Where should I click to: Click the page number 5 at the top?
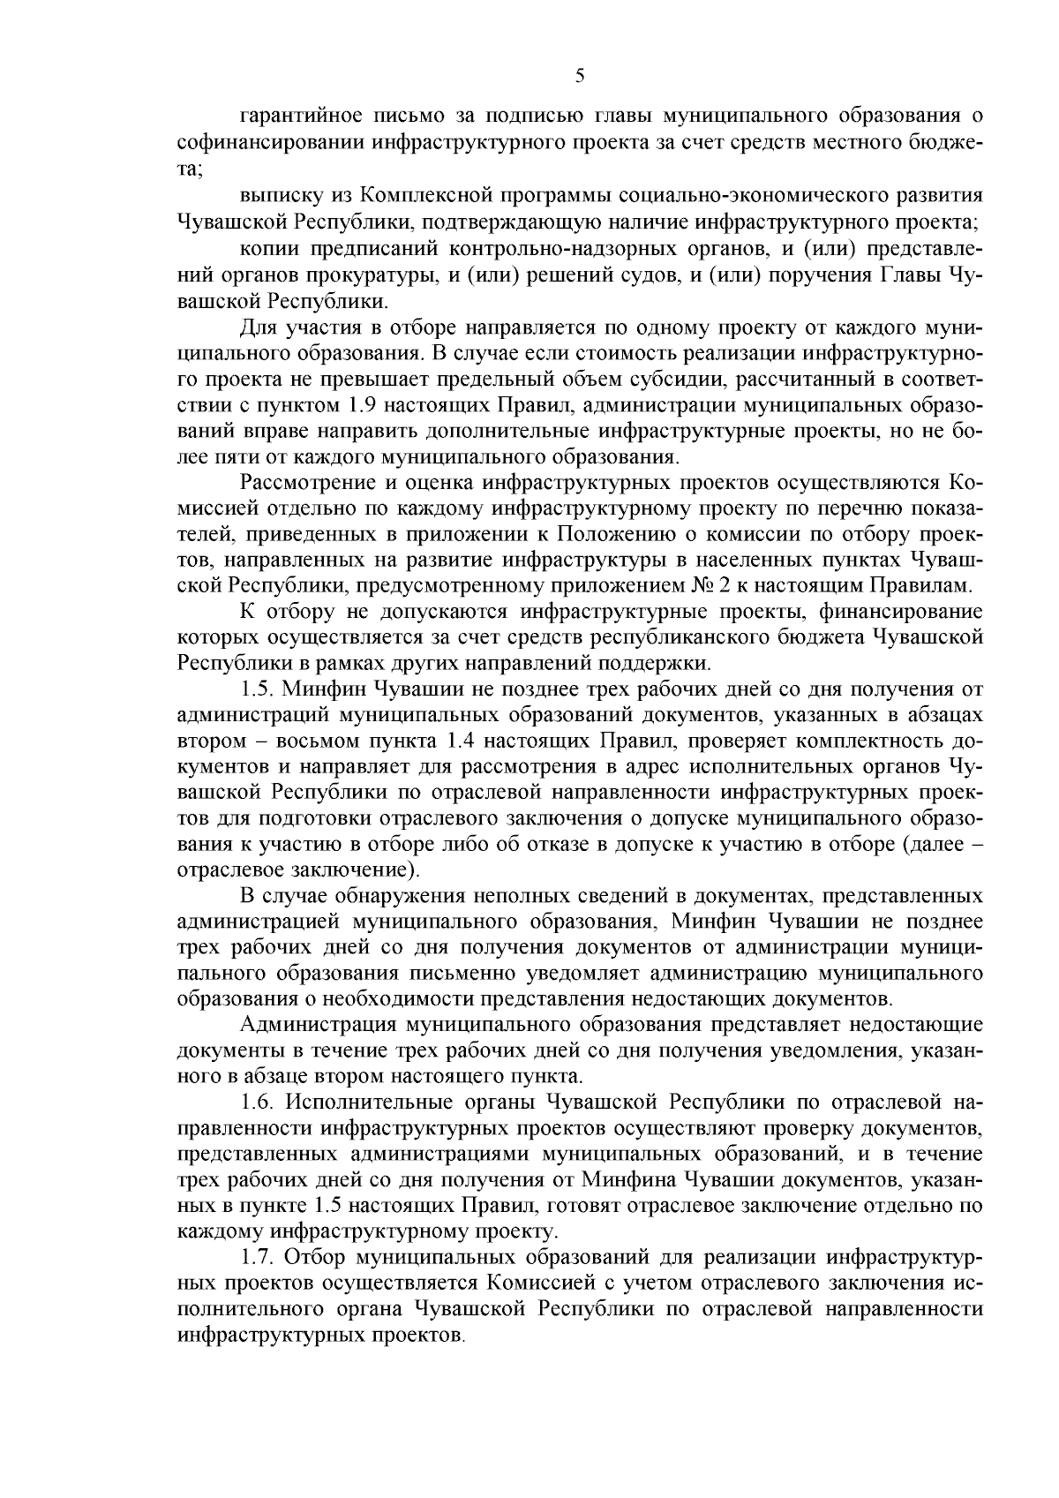tap(579, 76)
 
